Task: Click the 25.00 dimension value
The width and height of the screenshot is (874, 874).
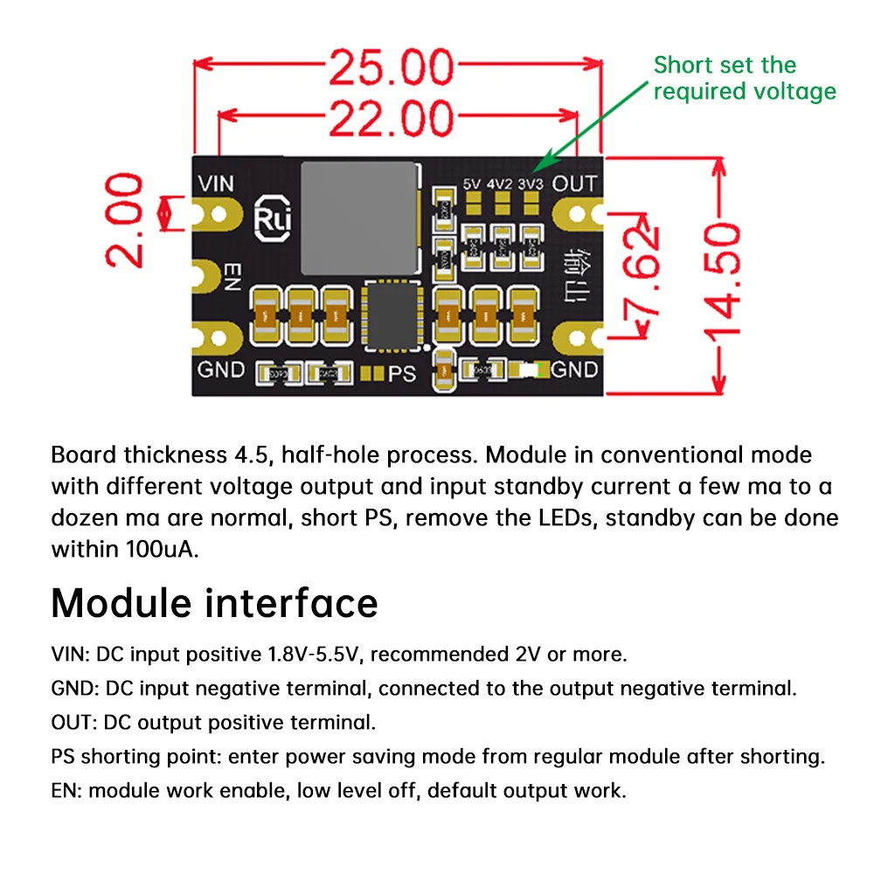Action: coord(391,69)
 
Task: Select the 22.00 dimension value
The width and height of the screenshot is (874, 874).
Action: coord(391,118)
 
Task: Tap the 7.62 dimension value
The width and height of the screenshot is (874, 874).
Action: coord(643,271)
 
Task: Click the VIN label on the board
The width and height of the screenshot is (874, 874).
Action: coord(216,184)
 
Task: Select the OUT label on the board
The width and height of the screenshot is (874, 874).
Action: coord(574,184)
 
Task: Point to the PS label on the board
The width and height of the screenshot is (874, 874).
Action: coord(402,373)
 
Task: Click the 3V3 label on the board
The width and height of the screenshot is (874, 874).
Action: coord(530,184)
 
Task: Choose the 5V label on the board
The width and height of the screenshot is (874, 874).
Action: coord(473,184)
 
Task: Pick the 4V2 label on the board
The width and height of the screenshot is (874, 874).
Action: coord(501,184)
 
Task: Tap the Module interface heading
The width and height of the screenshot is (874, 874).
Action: coord(215,602)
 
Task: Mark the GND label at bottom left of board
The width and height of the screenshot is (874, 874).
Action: coord(221,369)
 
